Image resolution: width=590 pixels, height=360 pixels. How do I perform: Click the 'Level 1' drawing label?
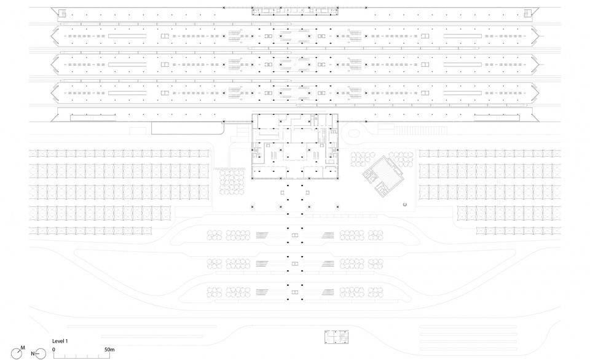60,341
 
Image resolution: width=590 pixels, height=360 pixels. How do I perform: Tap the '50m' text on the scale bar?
109,350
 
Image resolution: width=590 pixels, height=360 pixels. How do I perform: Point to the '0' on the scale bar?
53,350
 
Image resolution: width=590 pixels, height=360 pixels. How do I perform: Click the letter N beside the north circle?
33,354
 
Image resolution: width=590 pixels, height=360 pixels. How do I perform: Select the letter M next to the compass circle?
23,348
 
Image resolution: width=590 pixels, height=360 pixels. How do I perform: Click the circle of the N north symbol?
41,354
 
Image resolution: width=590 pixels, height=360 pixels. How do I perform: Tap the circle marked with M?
17,354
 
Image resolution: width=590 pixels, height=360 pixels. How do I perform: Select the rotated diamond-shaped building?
383,176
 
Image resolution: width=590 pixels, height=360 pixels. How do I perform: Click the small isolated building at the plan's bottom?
336,337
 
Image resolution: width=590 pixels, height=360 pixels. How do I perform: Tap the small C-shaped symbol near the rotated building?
404,205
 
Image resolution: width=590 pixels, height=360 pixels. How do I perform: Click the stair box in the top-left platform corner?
63,14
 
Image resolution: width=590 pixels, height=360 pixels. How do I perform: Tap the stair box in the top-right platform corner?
527,14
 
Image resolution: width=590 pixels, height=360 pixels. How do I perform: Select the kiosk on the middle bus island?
294,264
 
